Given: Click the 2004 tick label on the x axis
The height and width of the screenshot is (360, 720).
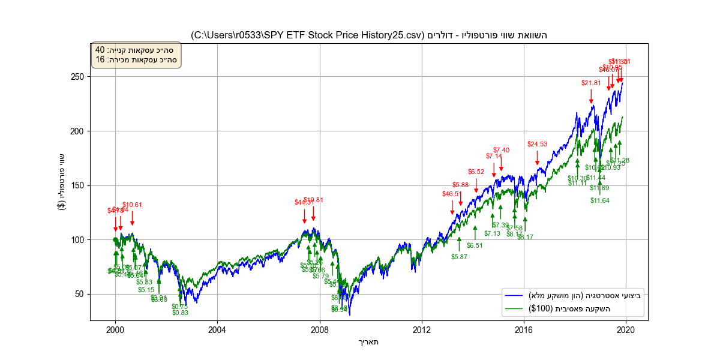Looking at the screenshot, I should tap(217, 329).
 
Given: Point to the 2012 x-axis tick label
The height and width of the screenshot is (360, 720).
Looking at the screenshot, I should tap(422, 329).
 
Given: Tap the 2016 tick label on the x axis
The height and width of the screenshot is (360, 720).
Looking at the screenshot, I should tap(524, 329).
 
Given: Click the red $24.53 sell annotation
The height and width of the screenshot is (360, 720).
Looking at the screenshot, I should tap(538, 144).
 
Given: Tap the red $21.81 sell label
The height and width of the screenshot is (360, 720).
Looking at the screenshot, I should tap(591, 83).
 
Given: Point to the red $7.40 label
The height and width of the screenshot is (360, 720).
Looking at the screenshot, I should tap(501, 150).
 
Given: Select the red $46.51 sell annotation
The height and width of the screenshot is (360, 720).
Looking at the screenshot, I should tap(452, 194).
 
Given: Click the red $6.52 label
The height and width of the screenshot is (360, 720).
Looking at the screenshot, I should tap(476, 172).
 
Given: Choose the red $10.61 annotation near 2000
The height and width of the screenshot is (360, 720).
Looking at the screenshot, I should tap(133, 205).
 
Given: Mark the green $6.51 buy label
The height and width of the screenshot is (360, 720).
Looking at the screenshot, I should tap(475, 245).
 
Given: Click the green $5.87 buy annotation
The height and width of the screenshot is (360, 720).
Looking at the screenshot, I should tap(459, 257).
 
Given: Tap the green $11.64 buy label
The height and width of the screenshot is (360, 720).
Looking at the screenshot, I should tap(599, 200).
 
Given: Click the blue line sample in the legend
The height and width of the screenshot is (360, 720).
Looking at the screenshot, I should tap(514, 295).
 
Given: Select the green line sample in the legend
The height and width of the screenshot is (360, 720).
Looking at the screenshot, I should tap(514, 308).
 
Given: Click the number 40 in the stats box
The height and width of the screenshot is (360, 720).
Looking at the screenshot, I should tap(100, 50).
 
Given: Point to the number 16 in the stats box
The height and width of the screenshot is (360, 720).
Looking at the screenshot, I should tap(100, 59).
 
